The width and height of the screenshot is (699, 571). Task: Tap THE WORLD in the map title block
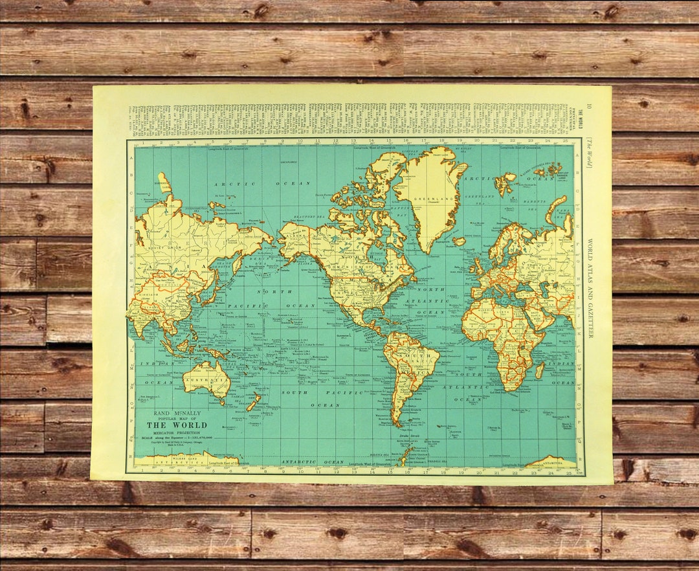(x=172, y=425)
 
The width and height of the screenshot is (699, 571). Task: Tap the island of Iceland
(x=459, y=241)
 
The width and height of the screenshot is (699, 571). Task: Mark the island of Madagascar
(x=540, y=371)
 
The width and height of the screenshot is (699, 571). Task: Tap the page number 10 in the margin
(x=589, y=108)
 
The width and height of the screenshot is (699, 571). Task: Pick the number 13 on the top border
(x=353, y=140)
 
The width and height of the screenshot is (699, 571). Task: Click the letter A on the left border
(x=131, y=147)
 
